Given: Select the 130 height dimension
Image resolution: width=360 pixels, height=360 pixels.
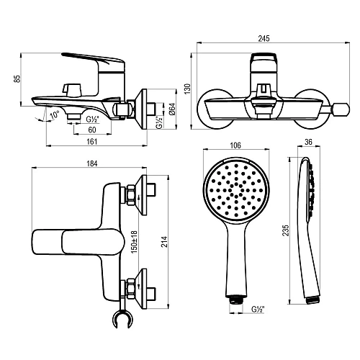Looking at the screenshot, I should [186, 88].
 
